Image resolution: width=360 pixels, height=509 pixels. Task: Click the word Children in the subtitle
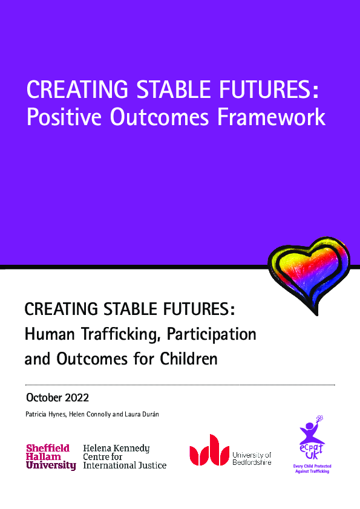[188, 360]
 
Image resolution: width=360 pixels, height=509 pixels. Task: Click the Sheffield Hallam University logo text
[51, 457]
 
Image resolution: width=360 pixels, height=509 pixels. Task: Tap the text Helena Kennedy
[116, 449]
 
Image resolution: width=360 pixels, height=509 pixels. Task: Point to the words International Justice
[125, 465]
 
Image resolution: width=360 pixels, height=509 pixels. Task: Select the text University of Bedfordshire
[252, 458]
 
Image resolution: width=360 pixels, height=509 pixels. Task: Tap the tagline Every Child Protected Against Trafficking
[312, 468]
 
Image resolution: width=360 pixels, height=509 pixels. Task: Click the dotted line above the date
[180, 384]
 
